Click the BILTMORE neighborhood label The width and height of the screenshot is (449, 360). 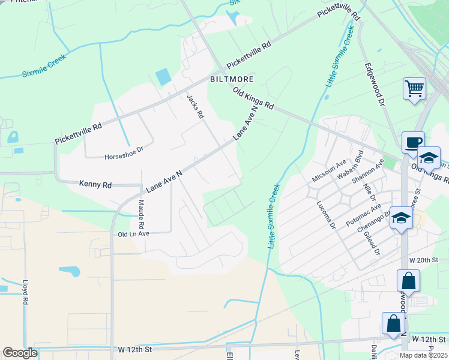tap(232, 79)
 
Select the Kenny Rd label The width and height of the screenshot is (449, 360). tap(95, 185)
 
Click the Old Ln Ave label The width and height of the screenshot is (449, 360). tap(133, 233)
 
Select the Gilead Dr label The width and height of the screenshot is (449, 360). tap(373, 244)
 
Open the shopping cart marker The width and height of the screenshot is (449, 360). tap(414, 89)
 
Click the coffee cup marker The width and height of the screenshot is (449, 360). tap(412, 143)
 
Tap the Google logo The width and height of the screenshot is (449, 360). tap(20, 353)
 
